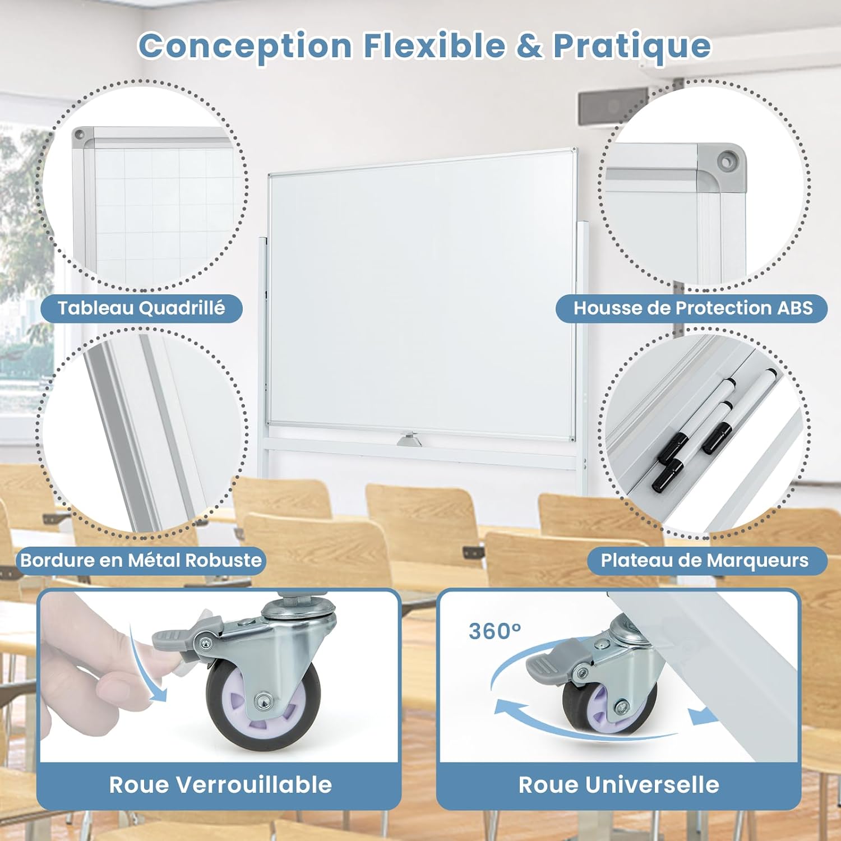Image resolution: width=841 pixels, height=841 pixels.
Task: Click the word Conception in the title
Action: pyautogui.click(x=245, y=46)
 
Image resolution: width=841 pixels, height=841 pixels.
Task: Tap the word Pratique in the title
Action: pyautogui.click(x=632, y=46)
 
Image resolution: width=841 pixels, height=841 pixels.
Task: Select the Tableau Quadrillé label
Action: pyautogui.click(x=141, y=308)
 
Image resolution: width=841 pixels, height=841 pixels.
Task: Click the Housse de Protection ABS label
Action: pyautogui.click(x=693, y=308)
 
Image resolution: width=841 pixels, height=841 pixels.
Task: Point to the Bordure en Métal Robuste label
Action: pyautogui.click(x=141, y=560)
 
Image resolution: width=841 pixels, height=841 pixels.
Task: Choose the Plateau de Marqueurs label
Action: pyautogui.click(x=705, y=560)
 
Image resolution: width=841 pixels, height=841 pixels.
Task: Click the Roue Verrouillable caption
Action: pyautogui.click(x=220, y=784)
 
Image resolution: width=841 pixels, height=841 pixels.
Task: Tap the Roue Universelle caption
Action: pyautogui.click(x=619, y=784)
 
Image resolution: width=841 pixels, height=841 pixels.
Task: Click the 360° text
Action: pyautogui.click(x=495, y=631)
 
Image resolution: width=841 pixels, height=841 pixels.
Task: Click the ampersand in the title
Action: pyautogui.click(x=529, y=46)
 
